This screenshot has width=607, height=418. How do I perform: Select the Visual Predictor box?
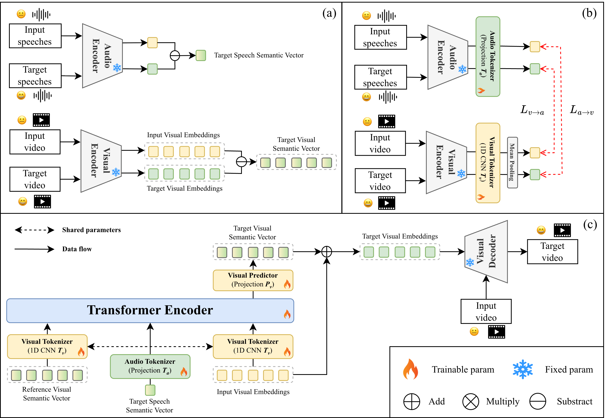coord(253,280)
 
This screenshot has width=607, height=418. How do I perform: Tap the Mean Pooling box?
coord(512,162)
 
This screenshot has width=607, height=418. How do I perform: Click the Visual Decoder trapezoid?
coord(486,251)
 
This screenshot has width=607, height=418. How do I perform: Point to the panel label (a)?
coord(329,13)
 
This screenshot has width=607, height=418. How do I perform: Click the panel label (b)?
coord(589,13)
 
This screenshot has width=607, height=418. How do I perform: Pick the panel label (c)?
coord(590,225)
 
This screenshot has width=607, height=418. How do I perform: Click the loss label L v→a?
coord(532,110)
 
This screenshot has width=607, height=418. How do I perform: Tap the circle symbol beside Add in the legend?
coord(412,401)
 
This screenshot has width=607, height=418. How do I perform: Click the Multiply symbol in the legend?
coord(471,401)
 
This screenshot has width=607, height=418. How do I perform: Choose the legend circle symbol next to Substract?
coord(538,401)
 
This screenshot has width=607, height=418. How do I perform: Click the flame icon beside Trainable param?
coord(411,369)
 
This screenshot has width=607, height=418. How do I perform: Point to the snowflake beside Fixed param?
coord(523,369)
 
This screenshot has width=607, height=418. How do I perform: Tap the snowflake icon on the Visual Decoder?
coord(470,262)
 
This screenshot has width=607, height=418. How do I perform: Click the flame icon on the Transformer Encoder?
coord(287,314)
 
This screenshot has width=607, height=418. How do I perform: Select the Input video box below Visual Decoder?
coord(486,311)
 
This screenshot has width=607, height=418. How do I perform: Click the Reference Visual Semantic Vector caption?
coord(47,394)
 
